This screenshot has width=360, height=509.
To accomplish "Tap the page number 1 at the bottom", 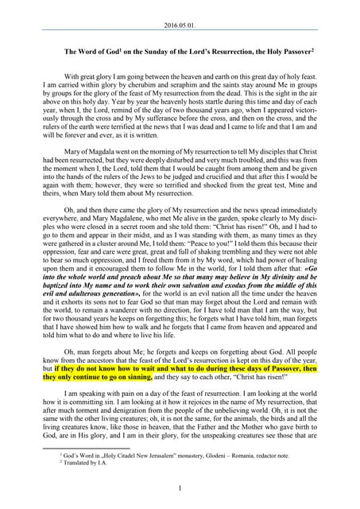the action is coord(180,488).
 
